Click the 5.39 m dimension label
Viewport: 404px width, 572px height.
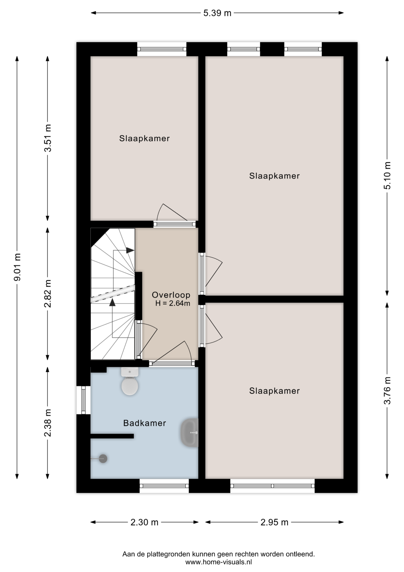point(217,13)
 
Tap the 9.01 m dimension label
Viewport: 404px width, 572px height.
point(17,267)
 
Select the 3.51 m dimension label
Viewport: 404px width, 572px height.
point(48,138)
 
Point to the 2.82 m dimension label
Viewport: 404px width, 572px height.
point(48,293)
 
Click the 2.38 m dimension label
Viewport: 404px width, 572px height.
point(48,422)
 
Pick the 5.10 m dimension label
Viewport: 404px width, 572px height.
point(387,176)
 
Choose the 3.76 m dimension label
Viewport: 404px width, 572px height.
point(387,391)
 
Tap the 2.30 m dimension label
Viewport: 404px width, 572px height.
point(145,522)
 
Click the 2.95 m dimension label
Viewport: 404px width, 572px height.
point(274,522)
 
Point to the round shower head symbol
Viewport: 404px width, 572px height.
point(103,458)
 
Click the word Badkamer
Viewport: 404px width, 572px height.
point(145,423)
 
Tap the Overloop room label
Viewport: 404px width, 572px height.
point(171,295)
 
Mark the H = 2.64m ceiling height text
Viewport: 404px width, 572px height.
point(173,304)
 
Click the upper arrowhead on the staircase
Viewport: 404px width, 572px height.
point(130,250)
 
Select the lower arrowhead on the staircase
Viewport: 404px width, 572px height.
point(112,302)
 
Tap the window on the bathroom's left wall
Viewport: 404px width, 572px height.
point(83,400)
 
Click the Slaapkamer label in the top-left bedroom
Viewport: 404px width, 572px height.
point(145,139)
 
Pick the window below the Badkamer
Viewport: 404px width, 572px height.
point(164,486)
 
